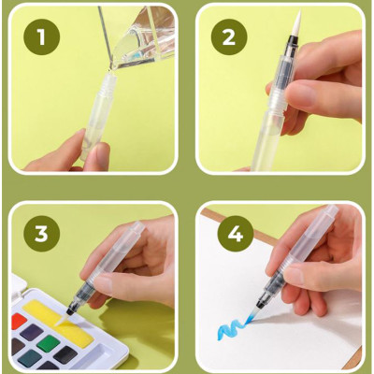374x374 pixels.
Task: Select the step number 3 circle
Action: click(x=39, y=233)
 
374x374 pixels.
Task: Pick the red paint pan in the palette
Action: click(x=18, y=324)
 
